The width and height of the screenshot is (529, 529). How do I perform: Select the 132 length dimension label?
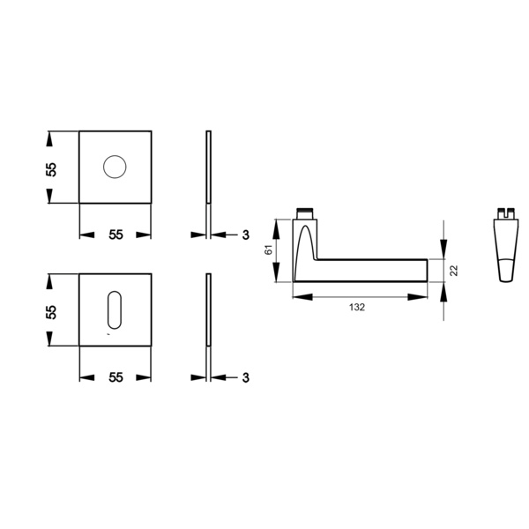click(357, 307)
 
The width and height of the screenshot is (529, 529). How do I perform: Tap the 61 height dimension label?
click(268, 250)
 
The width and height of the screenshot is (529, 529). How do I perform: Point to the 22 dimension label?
click(454, 271)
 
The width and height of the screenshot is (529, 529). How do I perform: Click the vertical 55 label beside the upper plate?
click(51, 169)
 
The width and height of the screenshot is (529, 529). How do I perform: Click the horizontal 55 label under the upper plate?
click(115, 235)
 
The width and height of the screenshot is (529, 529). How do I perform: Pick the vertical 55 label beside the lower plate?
click(51, 312)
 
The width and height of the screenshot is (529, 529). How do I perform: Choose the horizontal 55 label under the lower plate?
click(115, 377)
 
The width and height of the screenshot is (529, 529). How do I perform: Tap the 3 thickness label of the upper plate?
click(246, 235)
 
